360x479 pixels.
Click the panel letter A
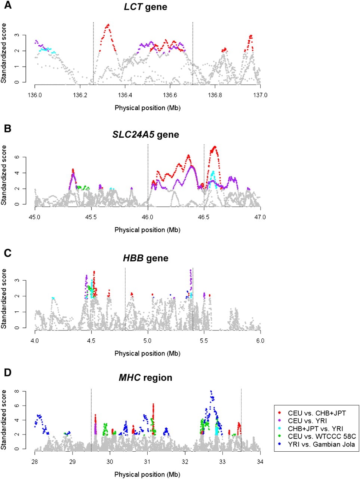tap(8, 5)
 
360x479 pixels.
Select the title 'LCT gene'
tap(145, 7)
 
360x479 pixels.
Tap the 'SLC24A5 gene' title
tap(145, 134)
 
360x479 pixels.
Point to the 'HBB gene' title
tap(145, 258)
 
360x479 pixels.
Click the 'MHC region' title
tap(145, 377)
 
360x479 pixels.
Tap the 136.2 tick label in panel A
tap(80, 95)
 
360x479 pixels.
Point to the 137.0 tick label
tap(260, 95)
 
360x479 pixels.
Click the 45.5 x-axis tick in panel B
tap(91, 217)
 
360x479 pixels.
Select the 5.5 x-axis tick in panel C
tap(204, 341)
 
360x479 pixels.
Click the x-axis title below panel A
tap(148, 108)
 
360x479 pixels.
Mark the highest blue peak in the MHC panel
tap(211, 391)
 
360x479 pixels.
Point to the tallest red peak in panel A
tap(108, 25)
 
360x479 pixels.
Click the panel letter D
tap(8, 372)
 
